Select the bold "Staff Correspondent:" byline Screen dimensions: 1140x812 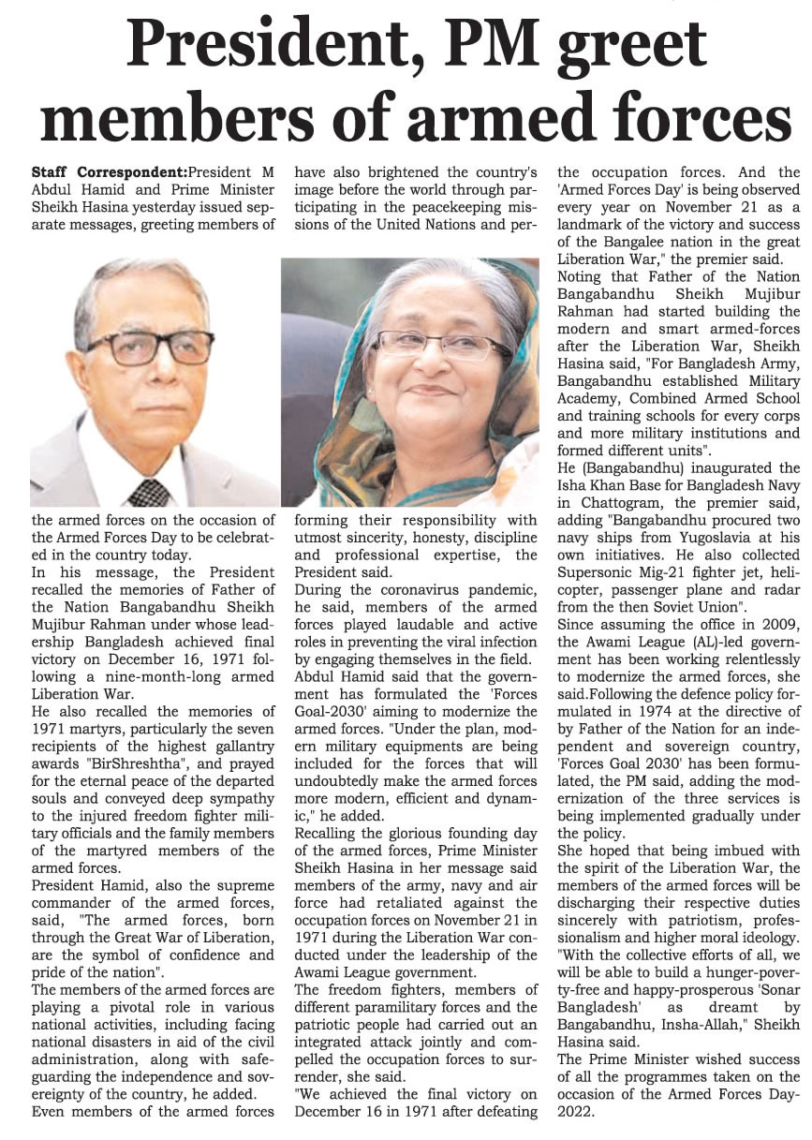point(108,172)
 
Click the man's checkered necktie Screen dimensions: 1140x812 point(148,491)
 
